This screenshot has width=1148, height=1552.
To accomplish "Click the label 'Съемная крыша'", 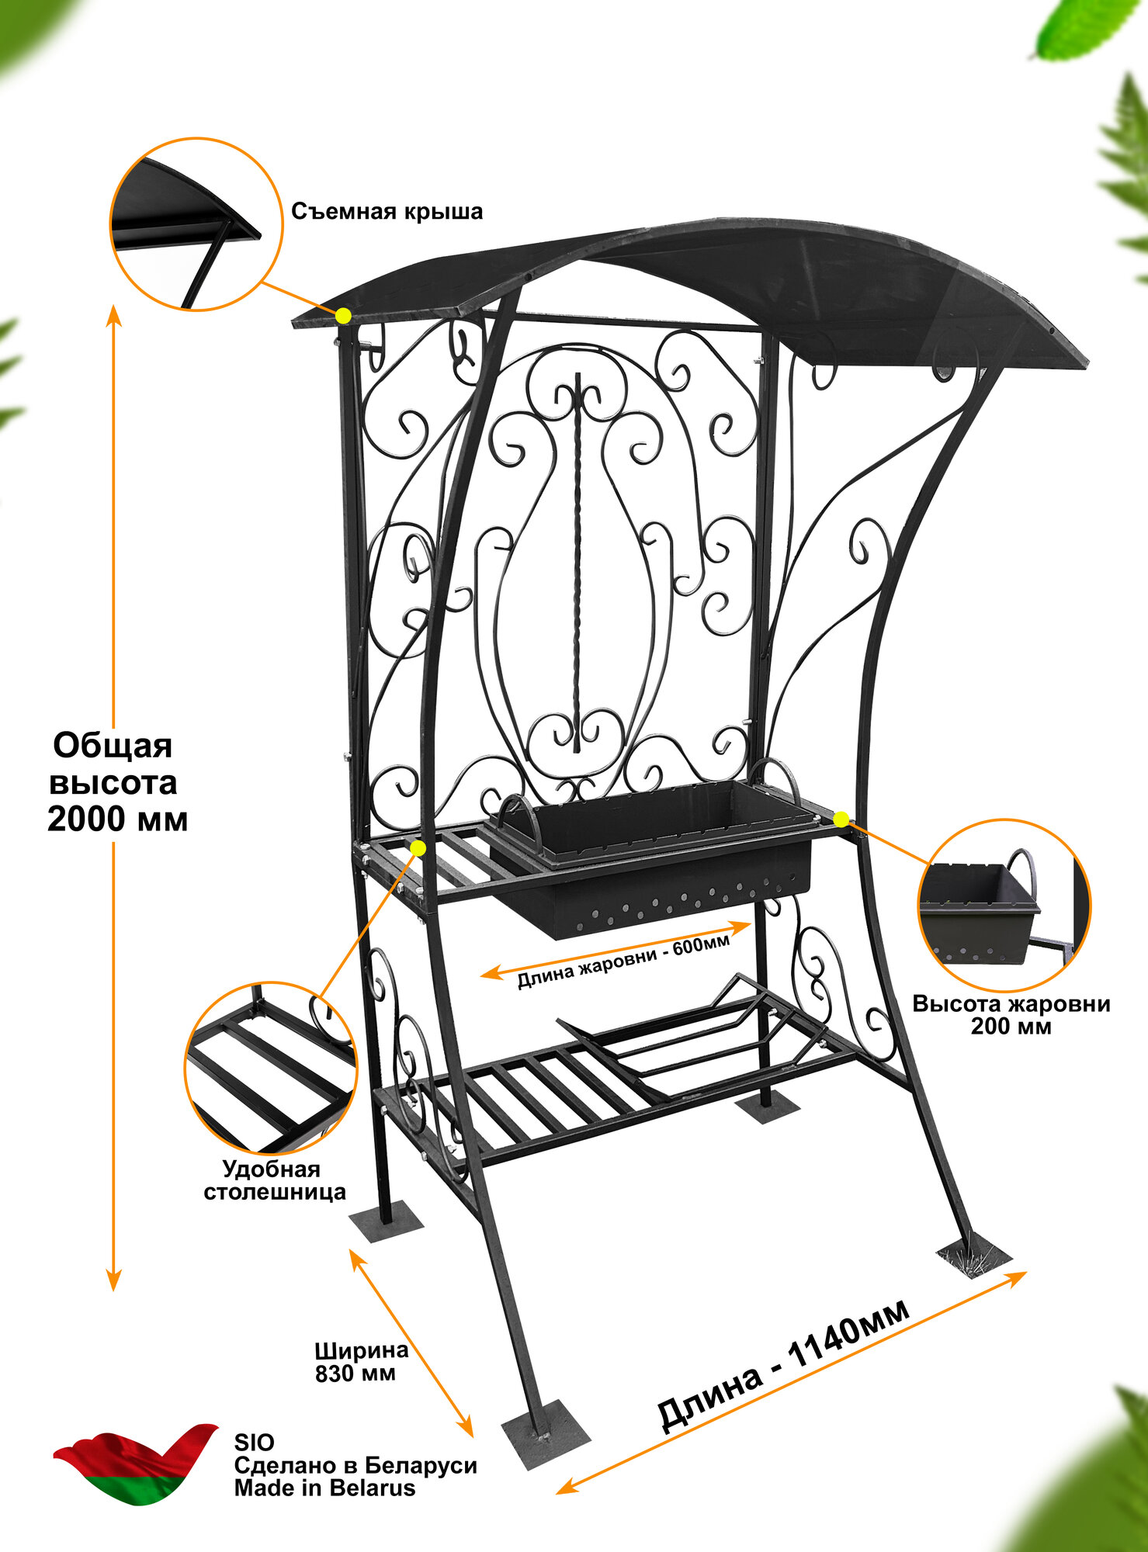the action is tap(387, 212).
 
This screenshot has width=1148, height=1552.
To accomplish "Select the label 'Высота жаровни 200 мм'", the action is tap(1011, 1015).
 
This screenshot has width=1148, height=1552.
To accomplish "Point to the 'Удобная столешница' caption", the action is tap(274, 1180).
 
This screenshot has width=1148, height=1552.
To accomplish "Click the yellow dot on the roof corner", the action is tap(343, 315).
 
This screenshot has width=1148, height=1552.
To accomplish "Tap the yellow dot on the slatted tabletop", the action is tap(418, 848).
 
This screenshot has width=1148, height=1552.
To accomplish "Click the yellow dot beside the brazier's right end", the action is tap(841, 818).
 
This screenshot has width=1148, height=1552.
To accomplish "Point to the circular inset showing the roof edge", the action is tap(196, 225).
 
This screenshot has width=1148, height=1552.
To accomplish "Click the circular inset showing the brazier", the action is tap(1004, 905).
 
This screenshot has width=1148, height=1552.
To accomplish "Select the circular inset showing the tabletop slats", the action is tap(270, 1068).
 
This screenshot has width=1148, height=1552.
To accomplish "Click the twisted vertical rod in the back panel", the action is tap(577, 559).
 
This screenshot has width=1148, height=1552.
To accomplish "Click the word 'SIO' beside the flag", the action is tap(254, 1443).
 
